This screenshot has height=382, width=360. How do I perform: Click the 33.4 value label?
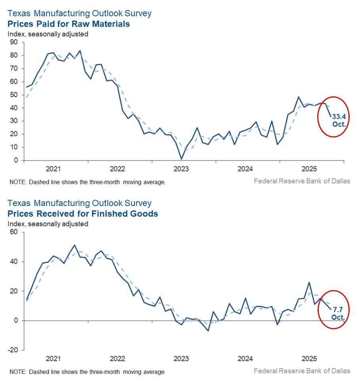pos(339,117)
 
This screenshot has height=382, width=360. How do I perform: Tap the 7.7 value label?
pos(338,309)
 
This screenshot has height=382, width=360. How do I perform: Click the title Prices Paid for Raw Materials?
pos(69,24)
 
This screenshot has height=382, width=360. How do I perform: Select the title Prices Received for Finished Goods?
pos(82,214)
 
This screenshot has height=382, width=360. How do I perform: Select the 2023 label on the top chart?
pos(181,169)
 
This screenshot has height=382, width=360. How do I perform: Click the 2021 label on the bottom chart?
pos(53,359)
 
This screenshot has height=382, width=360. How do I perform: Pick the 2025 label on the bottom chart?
pos(309,359)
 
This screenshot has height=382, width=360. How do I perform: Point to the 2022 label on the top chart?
pos(117,169)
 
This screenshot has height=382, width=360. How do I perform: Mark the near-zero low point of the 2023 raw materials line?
pos(181,159)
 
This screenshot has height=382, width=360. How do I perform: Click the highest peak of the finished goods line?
pos(75,245)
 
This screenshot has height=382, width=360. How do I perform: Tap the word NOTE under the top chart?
pos(17,182)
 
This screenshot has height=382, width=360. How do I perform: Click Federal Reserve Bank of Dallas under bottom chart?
pos(302,371)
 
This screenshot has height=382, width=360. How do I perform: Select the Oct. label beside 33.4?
pos(339,124)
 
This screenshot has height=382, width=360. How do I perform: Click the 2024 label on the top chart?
pos(245,169)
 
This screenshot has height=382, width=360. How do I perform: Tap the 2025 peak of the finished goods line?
pos(309,282)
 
